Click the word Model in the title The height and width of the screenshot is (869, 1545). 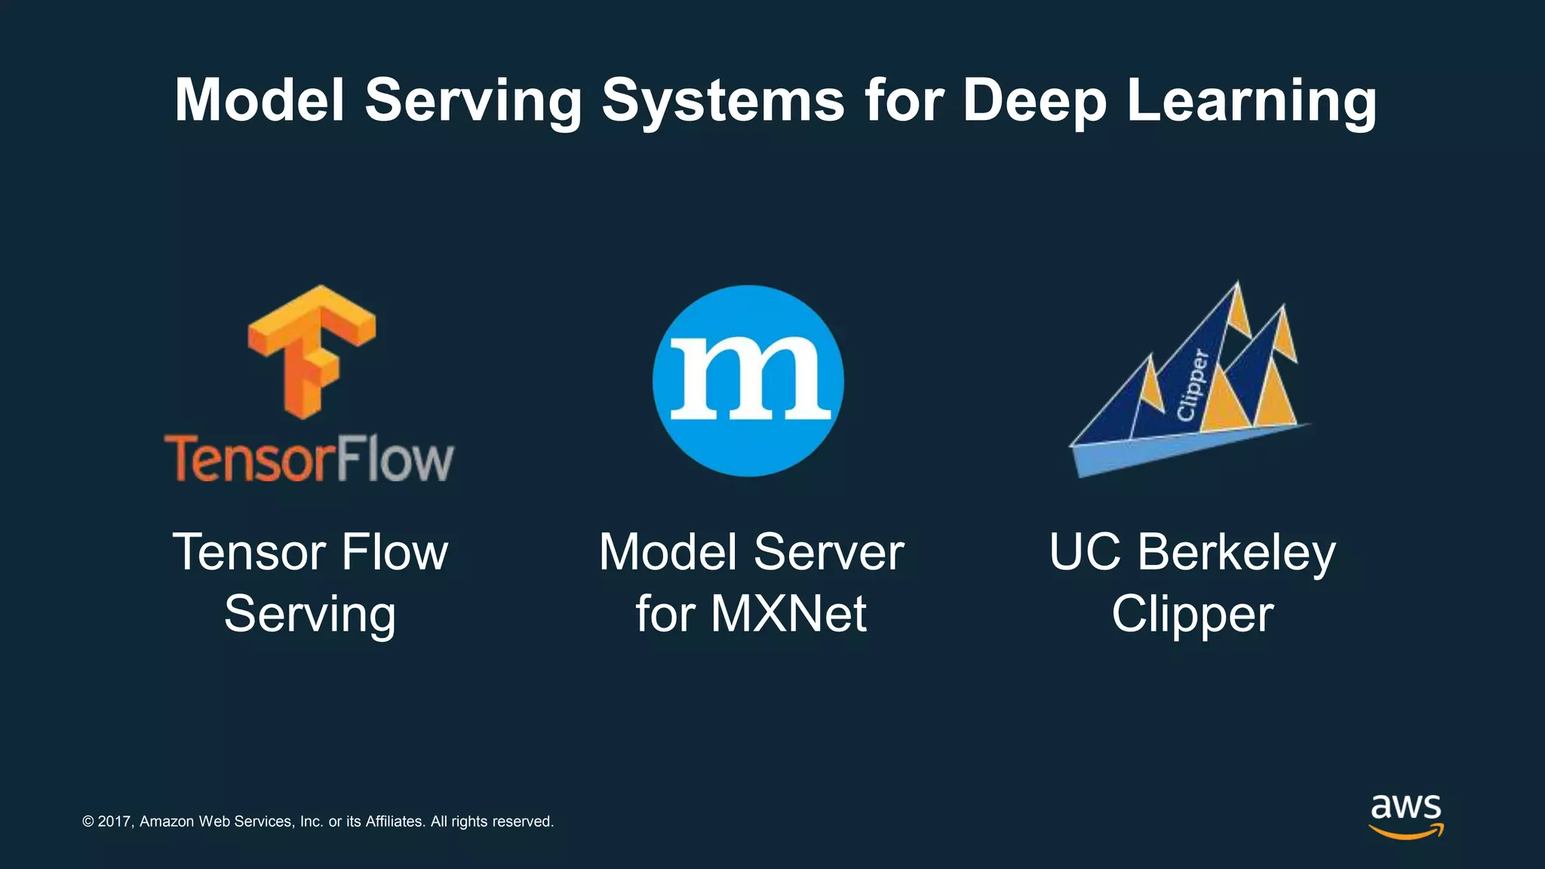pyautogui.click(x=260, y=100)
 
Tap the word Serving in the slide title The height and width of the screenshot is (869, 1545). pyautogui.click(x=473, y=100)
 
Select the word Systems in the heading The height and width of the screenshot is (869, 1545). pyautogui.click(x=723, y=100)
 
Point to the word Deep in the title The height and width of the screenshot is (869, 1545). pyautogui.click(x=1034, y=100)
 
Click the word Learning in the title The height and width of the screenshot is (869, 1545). pyautogui.click(x=1252, y=100)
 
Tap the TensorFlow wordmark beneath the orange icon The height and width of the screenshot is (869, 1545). pyautogui.click(x=309, y=459)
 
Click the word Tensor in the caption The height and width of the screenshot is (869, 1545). pyautogui.click(x=251, y=553)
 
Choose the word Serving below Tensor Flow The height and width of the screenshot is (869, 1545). pyautogui.click(x=310, y=614)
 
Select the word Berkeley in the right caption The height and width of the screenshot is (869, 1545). pyautogui.click(x=1236, y=553)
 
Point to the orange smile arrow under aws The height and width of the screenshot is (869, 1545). pyautogui.click(x=1405, y=832)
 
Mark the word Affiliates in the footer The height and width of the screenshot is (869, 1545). pyautogui.click(x=395, y=821)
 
